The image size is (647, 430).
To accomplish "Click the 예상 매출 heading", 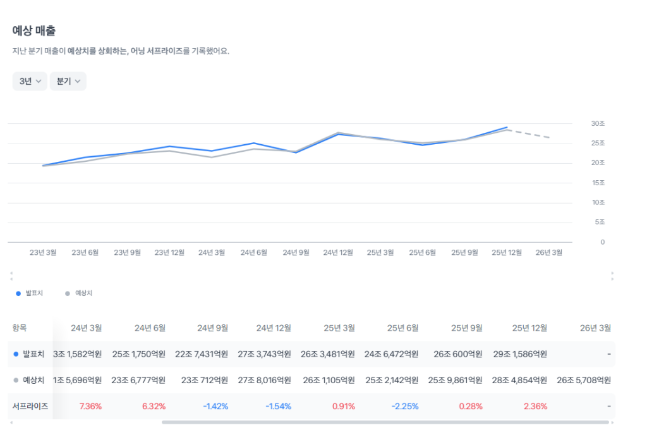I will [x=35, y=30].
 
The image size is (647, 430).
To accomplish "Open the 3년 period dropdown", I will [x=30, y=82].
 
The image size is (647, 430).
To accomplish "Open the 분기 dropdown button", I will [x=68, y=82].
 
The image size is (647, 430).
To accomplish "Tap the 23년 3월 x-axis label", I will [x=43, y=252].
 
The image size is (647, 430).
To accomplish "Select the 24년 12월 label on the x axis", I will [x=338, y=252].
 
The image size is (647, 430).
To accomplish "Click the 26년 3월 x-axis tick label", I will [x=548, y=252].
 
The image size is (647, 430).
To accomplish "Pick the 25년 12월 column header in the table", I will [x=529, y=328].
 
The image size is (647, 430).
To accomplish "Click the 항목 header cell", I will [x=20, y=328].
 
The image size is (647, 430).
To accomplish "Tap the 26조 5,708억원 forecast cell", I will [x=584, y=380].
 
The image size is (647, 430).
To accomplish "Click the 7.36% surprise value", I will [x=90, y=406].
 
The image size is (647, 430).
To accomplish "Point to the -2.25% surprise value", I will [x=405, y=406].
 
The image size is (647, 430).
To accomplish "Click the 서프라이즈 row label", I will [x=30, y=406].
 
